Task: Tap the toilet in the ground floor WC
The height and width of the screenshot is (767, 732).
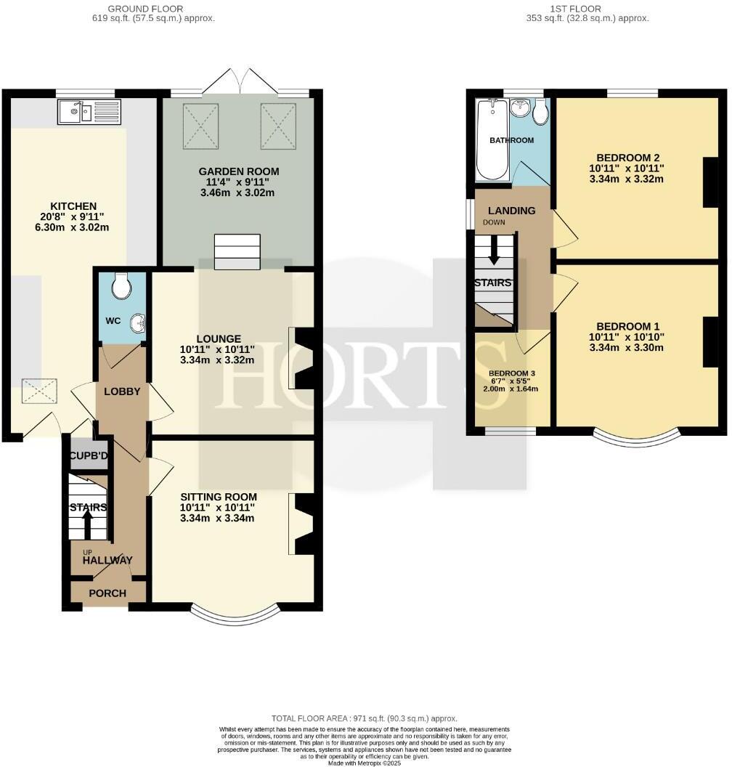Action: (122, 286)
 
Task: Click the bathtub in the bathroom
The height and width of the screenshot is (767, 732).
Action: (492, 141)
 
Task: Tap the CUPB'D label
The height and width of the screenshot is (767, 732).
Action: (88, 456)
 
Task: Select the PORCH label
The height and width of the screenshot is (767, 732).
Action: (107, 593)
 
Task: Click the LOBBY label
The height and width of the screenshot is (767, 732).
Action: (122, 391)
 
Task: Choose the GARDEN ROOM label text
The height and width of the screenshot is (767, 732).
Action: (239, 171)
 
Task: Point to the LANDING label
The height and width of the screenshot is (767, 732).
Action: (511, 211)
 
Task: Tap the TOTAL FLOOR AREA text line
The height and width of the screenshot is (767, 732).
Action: (365, 718)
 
